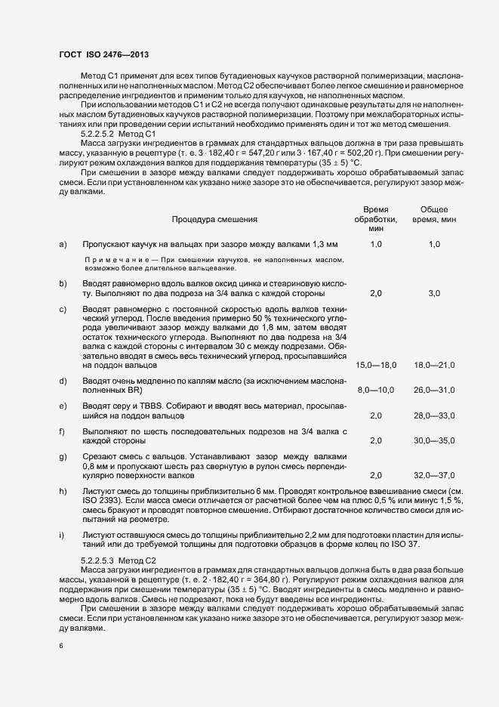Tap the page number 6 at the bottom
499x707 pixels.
tap(61, 647)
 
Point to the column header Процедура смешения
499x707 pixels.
tap(214, 219)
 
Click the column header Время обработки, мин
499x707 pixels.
tap(376, 218)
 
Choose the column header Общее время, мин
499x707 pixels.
tap(434, 214)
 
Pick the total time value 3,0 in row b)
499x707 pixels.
tap(434, 292)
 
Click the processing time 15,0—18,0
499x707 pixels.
tap(376, 365)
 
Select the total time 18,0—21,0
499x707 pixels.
tap(434, 365)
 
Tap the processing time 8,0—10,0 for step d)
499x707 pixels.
tap(376, 390)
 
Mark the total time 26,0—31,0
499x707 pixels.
tap(434, 390)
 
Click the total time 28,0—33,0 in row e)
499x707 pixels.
tap(434, 415)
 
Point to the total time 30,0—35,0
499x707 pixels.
tap(434, 440)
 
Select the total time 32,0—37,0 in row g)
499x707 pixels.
tap(434, 475)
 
